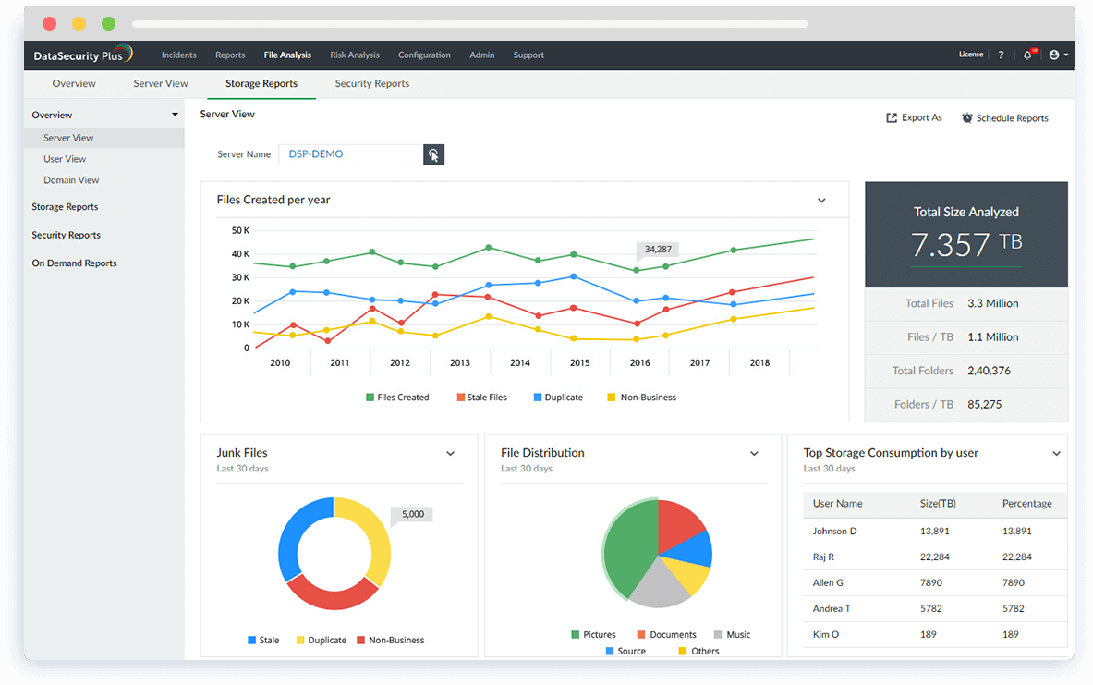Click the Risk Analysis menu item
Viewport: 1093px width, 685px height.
[355, 55]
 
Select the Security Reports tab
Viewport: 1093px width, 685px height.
[371, 83]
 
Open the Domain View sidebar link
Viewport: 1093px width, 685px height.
[71, 180]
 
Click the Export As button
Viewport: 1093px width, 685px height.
[914, 117]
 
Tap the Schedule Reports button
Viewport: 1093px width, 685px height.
[1004, 118]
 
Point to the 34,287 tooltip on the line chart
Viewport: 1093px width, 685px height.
[658, 249]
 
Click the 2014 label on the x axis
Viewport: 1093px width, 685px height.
[520, 362]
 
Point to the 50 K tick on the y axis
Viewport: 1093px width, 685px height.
[240, 230]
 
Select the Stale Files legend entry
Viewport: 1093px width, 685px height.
[481, 398]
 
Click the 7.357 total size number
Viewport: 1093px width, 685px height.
[951, 245]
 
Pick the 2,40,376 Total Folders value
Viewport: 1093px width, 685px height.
[989, 371]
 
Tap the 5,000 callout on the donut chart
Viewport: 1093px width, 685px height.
[413, 514]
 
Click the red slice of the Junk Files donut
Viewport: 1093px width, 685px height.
[332, 593]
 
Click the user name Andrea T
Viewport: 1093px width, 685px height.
[832, 608]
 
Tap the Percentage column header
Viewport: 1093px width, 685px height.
[1026, 504]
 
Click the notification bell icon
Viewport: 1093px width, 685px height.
[1027, 55]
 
